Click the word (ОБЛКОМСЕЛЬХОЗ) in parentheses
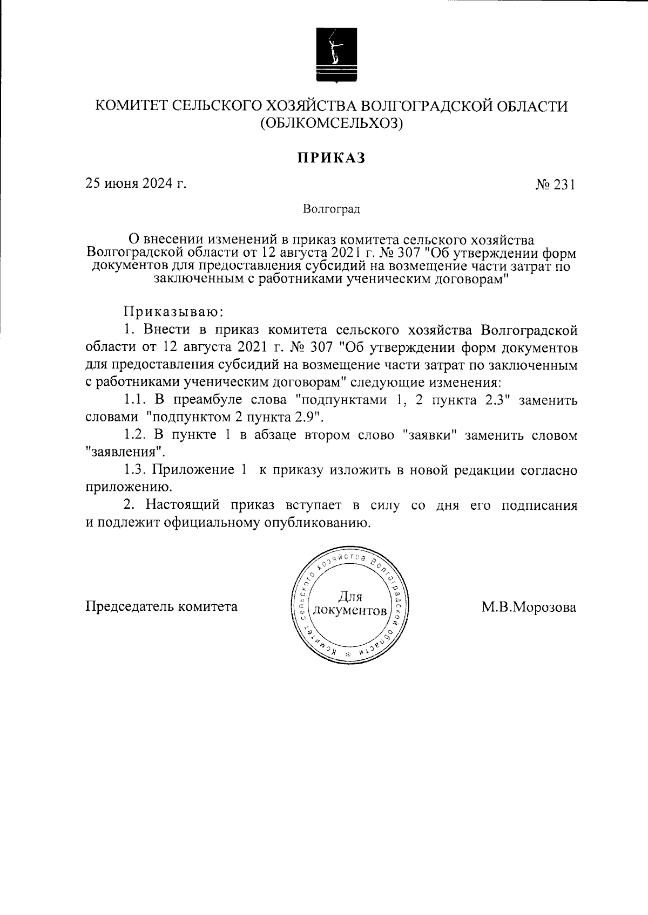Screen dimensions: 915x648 click(x=332, y=124)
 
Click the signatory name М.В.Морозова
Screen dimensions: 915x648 click(x=529, y=607)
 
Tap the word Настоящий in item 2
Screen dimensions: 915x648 click(x=183, y=506)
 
